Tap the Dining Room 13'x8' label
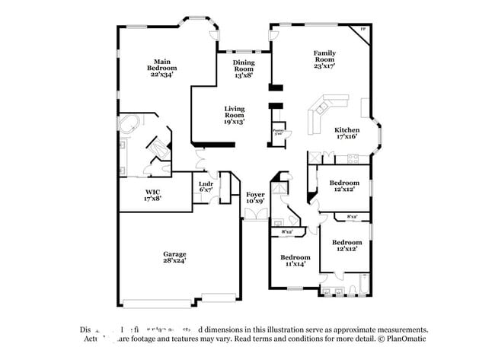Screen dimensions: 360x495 click(x=243, y=69)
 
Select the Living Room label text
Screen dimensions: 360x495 click(x=234, y=115)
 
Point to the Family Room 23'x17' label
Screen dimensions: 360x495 click(x=324, y=59)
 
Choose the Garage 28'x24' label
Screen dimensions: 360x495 click(x=174, y=257)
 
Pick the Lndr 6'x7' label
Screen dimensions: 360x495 click(x=206, y=186)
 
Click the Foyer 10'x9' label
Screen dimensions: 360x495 click(x=255, y=198)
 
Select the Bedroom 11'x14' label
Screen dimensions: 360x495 click(x=294, y=260)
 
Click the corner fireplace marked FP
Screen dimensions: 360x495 click(x=362, y=31)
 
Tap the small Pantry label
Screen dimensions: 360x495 click(x=278, y=132)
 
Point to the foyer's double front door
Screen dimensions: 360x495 click(x=255, y=215)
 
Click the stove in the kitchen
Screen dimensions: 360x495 click(x=352, y=158)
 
